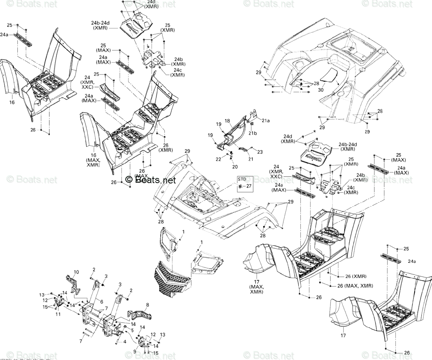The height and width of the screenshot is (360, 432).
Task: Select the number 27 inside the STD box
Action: click(x=248, y=186)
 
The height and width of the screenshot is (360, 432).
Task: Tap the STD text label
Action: click(x=242, y=179)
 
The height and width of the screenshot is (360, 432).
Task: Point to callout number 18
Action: click(x=227, y=120)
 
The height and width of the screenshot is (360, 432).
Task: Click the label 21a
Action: click(x=265, y=121)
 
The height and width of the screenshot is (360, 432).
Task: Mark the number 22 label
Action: click(x=218, y=159)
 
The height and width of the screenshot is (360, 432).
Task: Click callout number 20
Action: click(x=235, y=167)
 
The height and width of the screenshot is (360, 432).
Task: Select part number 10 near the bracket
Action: click(x=76, y=272)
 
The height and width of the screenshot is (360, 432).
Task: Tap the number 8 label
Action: click(x=147, y=305)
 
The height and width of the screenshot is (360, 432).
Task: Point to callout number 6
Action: click(x=101, y=301)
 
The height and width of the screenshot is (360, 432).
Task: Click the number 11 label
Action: click(x=58, y=314)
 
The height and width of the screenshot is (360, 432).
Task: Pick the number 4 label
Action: click(x=125, y=341)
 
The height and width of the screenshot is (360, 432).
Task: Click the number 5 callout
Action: click(x=132, y=330)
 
